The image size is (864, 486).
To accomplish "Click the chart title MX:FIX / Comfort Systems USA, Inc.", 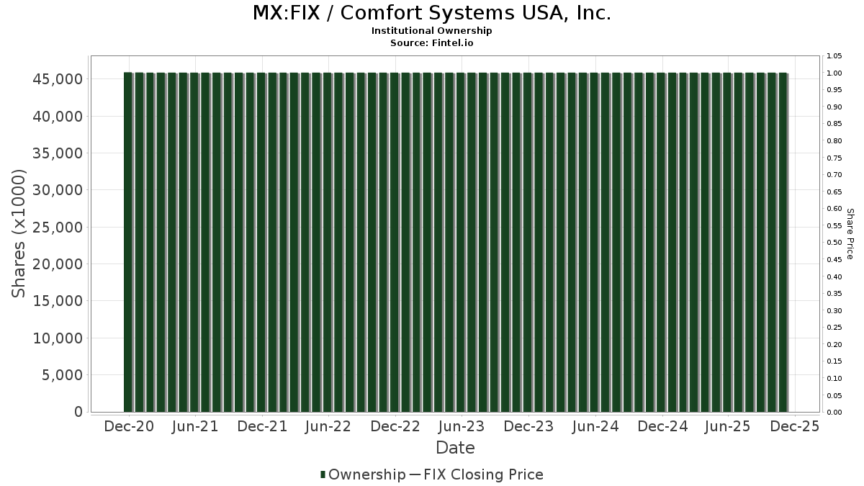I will tap(432, 14).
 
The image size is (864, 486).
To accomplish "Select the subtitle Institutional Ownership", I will tap(432, 31).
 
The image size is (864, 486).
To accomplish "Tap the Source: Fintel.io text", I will tap(432, 42).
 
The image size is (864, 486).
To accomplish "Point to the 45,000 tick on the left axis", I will tap(58, 78).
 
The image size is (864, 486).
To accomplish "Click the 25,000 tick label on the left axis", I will tap(58, 227).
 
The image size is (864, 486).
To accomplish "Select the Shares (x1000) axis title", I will tap(19, 233).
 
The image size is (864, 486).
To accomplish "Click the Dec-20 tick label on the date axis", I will tap(129, 426).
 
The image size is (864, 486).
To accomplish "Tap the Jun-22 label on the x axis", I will tap(328, 426).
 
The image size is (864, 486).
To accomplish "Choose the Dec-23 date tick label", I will tap(528, 426).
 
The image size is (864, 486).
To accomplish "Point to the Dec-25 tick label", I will tap(795, 426).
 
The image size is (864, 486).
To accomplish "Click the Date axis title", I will tap(455, 448).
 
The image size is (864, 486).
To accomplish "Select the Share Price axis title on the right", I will tap(850, 233).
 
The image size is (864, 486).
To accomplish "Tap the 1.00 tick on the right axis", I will tap(834, 73).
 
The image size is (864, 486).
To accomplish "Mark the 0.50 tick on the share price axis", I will tap(834, 243).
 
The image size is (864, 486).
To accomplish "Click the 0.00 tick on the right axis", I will tap(834, 412).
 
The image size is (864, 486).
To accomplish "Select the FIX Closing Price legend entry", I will tap(483, 474).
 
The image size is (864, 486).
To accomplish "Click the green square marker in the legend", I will tap(323, 474).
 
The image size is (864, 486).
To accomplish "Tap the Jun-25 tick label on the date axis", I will tap(728, 426).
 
